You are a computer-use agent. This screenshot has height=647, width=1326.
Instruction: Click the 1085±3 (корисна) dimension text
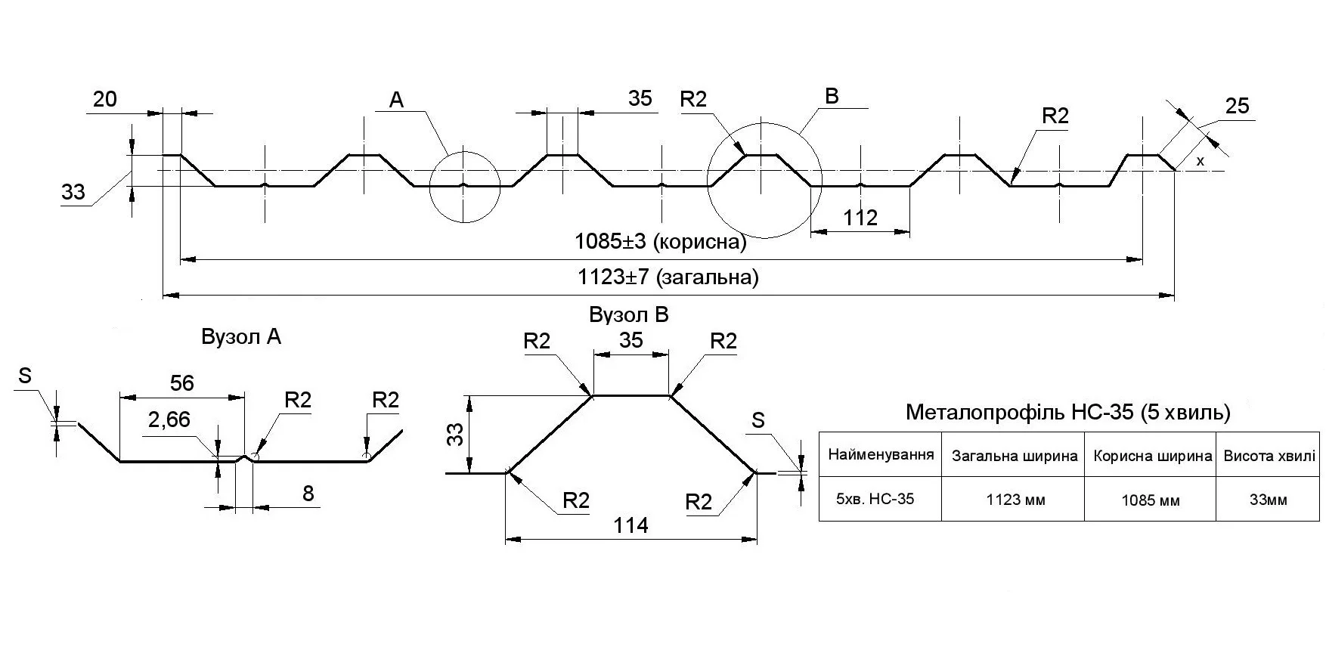pos(660,242)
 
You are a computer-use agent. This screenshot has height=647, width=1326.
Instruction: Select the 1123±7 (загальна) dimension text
pos(668,277)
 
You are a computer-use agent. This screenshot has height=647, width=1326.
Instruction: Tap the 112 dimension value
pos(860,218)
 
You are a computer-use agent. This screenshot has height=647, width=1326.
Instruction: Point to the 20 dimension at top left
pos(104,99)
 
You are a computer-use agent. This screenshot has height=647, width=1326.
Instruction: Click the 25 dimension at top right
pos(1237,107)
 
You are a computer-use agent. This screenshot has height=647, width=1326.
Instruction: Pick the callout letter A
pos(397,100)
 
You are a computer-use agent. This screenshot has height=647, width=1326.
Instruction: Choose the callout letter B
pos(832,96)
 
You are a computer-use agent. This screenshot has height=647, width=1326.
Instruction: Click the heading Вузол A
pos(241,337)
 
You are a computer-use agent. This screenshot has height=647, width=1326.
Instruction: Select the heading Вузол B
pos(629,314)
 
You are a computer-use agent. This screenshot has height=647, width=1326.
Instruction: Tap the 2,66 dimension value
pos(169,419)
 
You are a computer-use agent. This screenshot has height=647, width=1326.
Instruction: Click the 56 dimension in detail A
pos(181,383)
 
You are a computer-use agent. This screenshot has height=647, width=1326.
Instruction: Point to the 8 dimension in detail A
pos(308,494)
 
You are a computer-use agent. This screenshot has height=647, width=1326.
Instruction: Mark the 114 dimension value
pos(631,525)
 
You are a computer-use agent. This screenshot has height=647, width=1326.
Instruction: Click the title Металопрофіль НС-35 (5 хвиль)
pos(1068,413)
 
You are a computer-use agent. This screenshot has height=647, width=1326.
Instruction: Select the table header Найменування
pos(881,455)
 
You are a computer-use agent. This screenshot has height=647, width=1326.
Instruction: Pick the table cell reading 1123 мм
pos(1015,500)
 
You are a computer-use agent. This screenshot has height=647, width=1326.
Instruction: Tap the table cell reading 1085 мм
pos(1150,500)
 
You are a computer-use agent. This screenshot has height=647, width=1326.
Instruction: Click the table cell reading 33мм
pos(1268,500)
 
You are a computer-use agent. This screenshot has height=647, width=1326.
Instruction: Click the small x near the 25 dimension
pos(1200,161)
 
